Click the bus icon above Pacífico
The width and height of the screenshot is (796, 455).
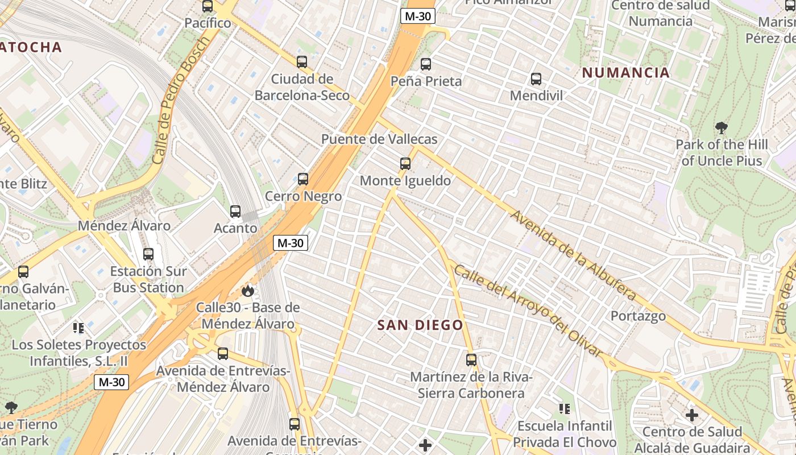208,7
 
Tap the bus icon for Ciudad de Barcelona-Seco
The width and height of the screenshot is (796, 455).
302,62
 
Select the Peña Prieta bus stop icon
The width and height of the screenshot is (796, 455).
426,64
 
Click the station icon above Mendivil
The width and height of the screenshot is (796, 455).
536,79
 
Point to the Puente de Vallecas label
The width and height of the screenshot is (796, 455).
379,139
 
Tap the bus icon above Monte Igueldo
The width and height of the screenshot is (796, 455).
405,164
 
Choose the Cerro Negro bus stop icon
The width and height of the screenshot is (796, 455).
303,179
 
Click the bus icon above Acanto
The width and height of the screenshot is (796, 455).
235,212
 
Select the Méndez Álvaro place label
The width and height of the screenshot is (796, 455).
124,226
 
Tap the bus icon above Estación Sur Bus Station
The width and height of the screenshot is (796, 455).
148,254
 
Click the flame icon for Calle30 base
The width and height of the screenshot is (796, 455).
247,291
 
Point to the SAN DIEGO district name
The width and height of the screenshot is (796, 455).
421,325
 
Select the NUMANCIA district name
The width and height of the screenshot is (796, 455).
626,73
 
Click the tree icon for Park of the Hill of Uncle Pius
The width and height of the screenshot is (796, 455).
722,127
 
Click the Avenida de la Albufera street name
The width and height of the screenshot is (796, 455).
573,256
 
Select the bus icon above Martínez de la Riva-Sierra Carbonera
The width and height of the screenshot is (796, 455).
471,360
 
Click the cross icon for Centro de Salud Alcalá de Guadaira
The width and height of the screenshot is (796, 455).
692,415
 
